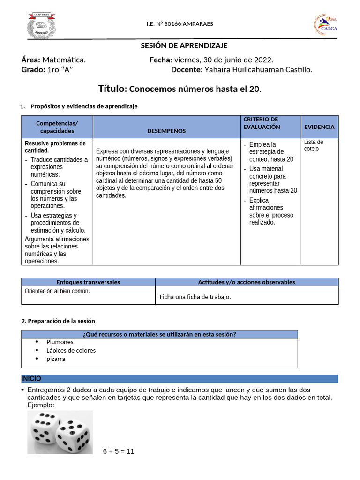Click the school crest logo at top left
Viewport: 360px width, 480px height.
point(42,26)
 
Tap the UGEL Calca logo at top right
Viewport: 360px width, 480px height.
point(324,25)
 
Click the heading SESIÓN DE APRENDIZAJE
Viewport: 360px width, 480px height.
point(184,45)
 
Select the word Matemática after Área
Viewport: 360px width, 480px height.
point(64,60)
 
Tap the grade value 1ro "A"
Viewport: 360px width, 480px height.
point(60,70)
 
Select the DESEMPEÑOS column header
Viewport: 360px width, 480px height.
point(166,131)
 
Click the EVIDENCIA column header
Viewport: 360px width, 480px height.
point(320,127)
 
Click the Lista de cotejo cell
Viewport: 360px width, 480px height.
point(314,145)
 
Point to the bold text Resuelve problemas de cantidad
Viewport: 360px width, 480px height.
point(55,147)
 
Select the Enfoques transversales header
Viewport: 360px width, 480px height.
point(88,282)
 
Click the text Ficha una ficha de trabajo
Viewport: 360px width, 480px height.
point(195,297)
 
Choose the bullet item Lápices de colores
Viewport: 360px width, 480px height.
point(71,350)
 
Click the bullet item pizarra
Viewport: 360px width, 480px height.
point(56,359)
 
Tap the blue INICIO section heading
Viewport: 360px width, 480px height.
point(31,378)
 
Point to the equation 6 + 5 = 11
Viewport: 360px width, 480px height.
point(119,451)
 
